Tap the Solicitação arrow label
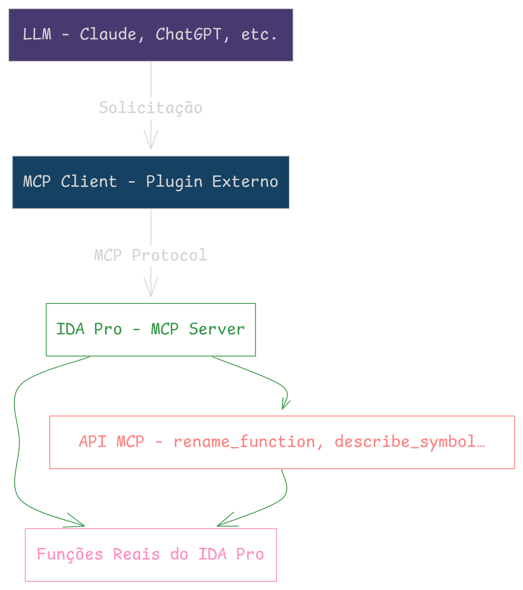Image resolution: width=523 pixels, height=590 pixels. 151,108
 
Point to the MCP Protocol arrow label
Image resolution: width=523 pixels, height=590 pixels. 151,255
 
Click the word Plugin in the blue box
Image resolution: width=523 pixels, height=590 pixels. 174,182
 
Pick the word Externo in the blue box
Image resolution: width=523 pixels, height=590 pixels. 245,181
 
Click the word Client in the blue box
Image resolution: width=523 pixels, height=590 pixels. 89,181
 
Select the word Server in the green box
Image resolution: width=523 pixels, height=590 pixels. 216,329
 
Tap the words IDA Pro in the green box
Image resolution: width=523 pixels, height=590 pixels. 89,329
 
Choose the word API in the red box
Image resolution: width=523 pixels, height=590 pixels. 93,442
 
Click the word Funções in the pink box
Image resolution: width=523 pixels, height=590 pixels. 70,554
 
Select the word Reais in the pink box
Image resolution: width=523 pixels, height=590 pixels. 136,554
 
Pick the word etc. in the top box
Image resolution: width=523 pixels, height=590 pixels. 259,35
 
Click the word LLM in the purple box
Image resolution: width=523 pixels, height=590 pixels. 37,34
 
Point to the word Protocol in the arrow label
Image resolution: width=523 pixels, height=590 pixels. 169,255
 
